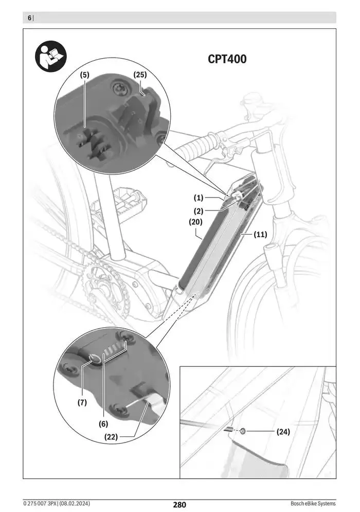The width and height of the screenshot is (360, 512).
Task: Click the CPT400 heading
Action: [227, 59]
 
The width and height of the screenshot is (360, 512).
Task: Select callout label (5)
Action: [84, 75]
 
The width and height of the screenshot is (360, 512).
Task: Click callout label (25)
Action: [140, 75]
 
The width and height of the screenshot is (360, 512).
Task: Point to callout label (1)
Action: [199, 198]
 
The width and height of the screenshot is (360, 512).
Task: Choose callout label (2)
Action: [199, 210]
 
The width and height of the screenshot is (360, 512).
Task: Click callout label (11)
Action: [261, 235]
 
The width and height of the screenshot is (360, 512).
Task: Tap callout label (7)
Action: [82, 403]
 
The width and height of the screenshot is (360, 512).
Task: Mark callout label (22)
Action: [111, 437]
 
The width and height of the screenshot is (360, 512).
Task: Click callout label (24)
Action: [283, 432]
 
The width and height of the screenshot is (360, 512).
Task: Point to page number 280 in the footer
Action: [179, 505]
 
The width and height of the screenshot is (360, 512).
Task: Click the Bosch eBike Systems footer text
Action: [313, 503]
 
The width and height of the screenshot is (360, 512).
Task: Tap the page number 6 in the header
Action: [29, 18]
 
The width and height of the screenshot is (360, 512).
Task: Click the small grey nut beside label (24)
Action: [243, 431]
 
